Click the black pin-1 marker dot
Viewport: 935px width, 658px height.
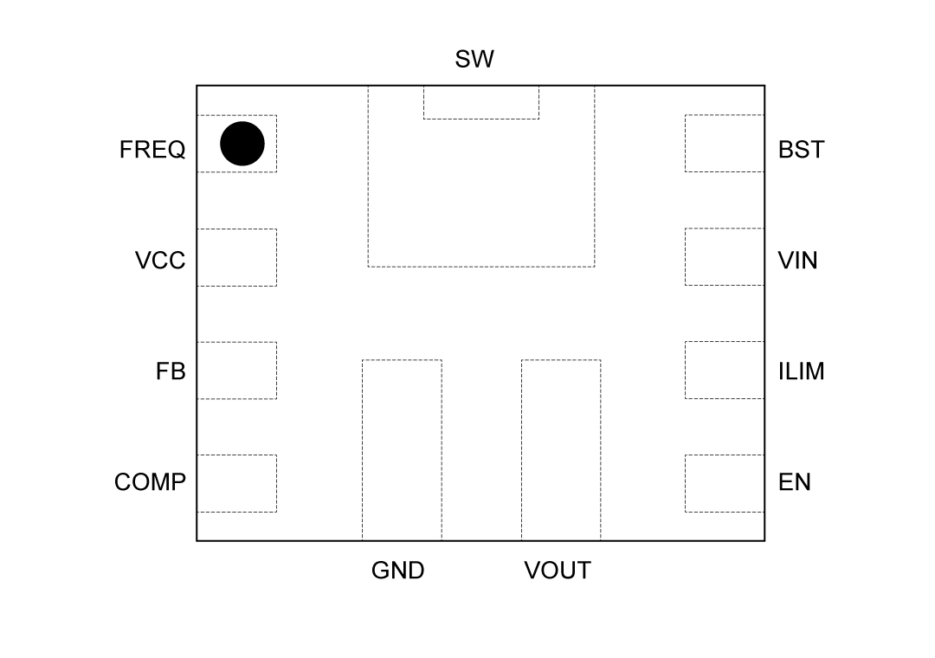[x=242, y=144]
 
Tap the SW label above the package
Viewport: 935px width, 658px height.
[x=474, y=60]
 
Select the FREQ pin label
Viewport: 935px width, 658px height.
[x=152, y=150]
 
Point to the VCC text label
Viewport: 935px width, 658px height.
[x=160, y=261]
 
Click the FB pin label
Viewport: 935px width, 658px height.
[x=171, y=371]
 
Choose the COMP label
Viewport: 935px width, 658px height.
[x=150, y=482]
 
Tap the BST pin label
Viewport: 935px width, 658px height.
[x=801, y=150]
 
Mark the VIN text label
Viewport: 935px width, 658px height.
[x=797, y=261]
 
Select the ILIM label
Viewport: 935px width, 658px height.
[x=801, y=371]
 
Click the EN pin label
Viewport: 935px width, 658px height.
[x=795, y=482]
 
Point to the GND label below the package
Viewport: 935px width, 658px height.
[x=398, y=571]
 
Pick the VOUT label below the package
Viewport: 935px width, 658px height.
[x=558, y=571]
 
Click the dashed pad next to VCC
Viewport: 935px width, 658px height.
[x=236, y=257]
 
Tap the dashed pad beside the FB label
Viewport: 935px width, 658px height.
[x=236, y=371]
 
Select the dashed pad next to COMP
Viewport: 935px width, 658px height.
[x=236, y=483]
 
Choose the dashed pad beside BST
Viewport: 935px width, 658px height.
[x=725, y=143]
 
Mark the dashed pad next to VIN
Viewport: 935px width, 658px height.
[x=725, y=256]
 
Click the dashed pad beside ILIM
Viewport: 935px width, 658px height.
[x=725, y=370]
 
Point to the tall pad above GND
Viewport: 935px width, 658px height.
[x=402, y=450]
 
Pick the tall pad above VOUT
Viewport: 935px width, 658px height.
[x=561, y=450]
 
